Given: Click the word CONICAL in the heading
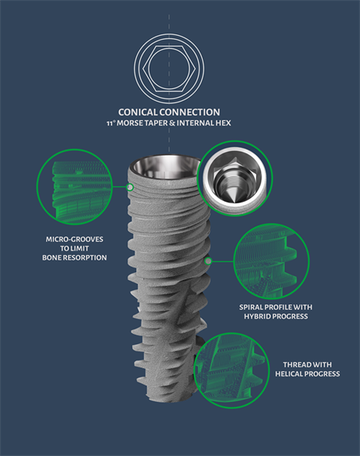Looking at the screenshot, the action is (139, 113).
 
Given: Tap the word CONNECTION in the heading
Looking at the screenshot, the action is (189, 113).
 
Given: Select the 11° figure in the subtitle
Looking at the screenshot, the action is (110, 124).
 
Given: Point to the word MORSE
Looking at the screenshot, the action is (130, 123).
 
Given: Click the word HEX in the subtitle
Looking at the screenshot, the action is (224, 123).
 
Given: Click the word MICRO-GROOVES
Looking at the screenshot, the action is (74, 239).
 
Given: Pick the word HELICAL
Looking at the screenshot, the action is (289, 374).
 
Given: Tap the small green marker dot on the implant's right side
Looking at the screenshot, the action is (208, 261).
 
